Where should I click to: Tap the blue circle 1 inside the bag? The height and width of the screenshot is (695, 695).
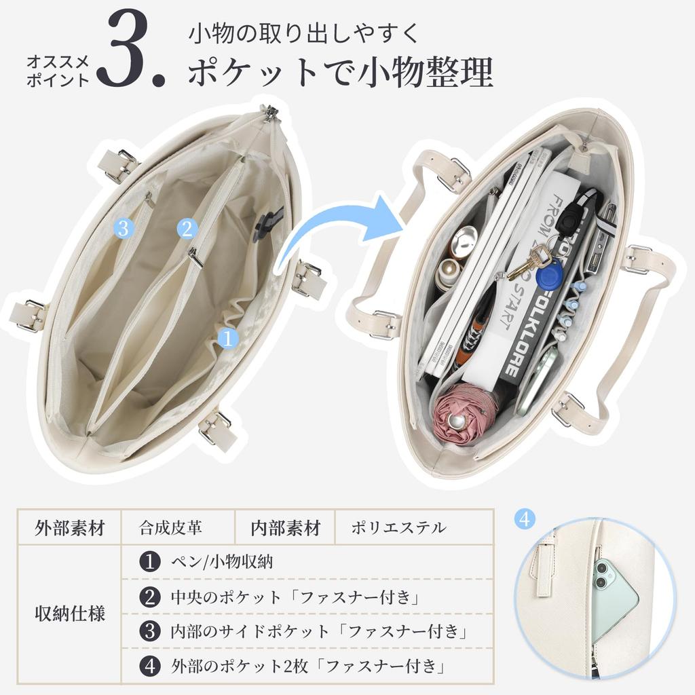click(x=228, y=338)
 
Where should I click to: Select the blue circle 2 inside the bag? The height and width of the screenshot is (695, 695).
click(x=187, y=229)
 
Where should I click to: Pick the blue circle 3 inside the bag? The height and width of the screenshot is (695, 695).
click(x=124, y=228)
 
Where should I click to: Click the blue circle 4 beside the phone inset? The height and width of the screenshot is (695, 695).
click(x=525, y=519)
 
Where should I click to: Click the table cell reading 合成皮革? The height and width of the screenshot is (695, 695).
click(x=170, y=527)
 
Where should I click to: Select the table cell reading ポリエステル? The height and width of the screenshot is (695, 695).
click(x=399, y=527)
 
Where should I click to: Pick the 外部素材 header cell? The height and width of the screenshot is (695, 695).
click(x=70, y=527)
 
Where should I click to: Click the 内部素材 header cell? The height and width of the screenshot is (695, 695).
click(x=286, y=527)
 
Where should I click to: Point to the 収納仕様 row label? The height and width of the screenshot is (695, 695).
click(x=70, y=614)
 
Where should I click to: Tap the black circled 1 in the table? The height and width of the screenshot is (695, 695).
click(x=150, y=561)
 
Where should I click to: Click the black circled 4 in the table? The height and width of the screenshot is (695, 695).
click(x=150, y=666)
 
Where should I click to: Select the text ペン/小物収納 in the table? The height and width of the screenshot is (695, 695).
click(x=222, y=561)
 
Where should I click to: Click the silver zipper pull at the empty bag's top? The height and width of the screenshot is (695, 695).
click(x=268, y=113)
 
